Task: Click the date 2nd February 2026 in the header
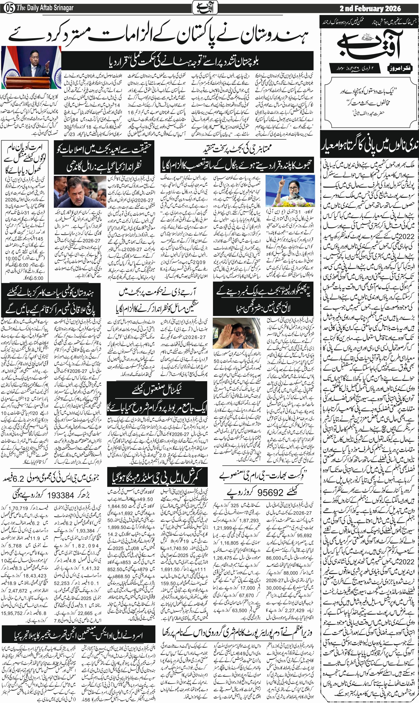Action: pos(370,8)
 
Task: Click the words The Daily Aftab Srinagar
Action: pos(45,8)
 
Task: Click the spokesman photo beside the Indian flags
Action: pos(31,67)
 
